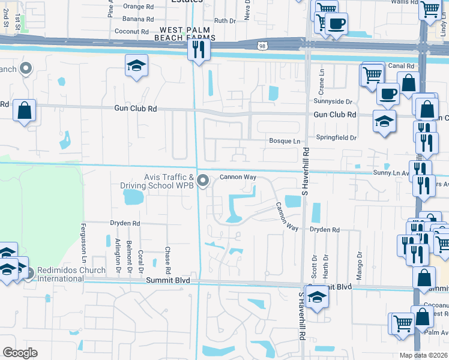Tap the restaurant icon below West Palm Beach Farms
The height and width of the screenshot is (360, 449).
click(198, 49)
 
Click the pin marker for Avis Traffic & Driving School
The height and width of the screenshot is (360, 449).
click(203, 179)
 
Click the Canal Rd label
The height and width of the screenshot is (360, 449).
click(402, 66)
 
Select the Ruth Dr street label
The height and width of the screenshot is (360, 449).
click(225, 20)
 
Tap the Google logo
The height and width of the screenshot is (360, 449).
click(20, 353)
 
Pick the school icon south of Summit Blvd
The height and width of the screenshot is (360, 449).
click(316, 297)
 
